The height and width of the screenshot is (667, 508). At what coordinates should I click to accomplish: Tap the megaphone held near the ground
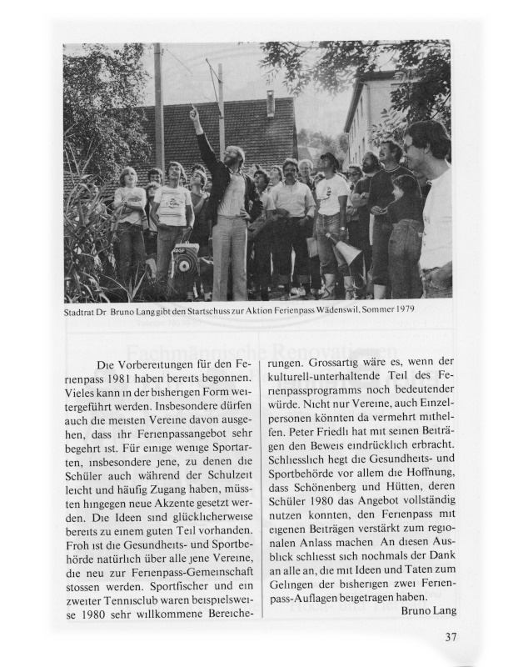coord(348,251)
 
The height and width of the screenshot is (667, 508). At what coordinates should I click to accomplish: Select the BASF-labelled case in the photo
coord(184,263)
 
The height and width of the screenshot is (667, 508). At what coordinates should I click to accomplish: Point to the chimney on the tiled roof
coord(270,103)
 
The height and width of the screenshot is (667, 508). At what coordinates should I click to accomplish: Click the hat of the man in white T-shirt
coord(330,157)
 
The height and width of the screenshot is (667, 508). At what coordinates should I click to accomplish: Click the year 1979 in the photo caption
coord(402,309)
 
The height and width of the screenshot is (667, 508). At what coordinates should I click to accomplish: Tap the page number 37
coord(451,639)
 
